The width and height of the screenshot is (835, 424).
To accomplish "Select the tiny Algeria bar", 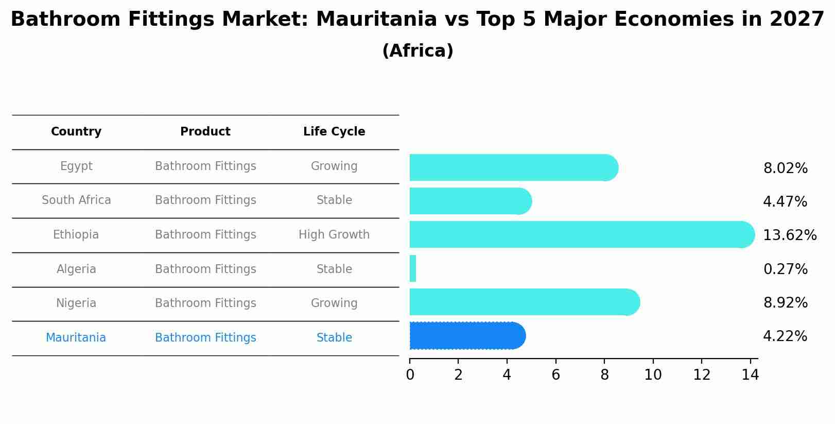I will pyautogui.click(x=413, y=268).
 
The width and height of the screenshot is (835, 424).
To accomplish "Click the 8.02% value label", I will pyautogui.click(x=785, y=168).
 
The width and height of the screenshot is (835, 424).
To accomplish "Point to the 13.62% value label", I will pyautogui.click(x=789, y=235).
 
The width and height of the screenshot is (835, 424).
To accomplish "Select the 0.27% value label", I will pyautogui.click(x=785, y=269).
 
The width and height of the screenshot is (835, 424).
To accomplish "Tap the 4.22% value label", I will pyautogui.click(x=785, y=336).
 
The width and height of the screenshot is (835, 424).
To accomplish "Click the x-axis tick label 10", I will pyautogui.click(x=653, y=375).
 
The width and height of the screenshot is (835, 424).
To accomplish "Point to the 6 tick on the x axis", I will pyautogui.click(x=555, y=375).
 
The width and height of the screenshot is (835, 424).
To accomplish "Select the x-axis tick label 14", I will pyautogui.click(x=750, y=375).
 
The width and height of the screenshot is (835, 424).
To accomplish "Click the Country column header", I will pyautogui.click(x=76, y=132).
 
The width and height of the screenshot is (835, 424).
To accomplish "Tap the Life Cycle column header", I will pyautogui.click(x=334, y=132).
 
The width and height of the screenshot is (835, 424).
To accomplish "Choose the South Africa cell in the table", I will pyautogui.click(x=76, y=200).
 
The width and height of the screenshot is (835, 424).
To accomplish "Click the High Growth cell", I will pyautogui.click(x=334, y=235).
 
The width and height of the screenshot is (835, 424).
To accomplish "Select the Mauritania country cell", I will pyautogui.click(x=76, y=338).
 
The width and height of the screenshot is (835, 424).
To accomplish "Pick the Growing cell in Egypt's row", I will pyautogui.click(x=334, y=166).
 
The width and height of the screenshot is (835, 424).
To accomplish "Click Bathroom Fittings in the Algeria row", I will pyautogui.click(x=205, y=269).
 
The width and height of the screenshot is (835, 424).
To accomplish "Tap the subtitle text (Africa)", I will pyautogui.click(x=417, y=51).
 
